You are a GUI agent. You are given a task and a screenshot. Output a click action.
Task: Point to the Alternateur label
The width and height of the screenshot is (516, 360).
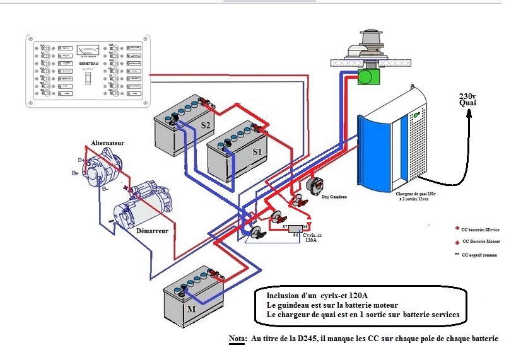coord(107,143)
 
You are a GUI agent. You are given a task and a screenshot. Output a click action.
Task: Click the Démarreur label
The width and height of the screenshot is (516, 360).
coord(151,231)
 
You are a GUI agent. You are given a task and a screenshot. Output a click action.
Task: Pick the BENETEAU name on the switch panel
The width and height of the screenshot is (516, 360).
coord(87,64)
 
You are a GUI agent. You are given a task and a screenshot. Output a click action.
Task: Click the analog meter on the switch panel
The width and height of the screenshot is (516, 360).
coord(87,51)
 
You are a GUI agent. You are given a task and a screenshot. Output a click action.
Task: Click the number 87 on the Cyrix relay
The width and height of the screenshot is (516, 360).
coord(285,226)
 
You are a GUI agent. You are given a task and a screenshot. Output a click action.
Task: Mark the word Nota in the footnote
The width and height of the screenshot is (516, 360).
coord(237,339)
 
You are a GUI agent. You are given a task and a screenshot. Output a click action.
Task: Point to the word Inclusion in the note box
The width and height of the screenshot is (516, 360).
coord(284,295)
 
